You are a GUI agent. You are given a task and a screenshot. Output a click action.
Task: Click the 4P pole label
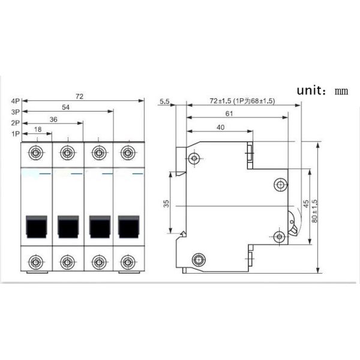click(x=16, y=101)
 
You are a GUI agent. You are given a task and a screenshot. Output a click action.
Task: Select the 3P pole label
click(x=16, y=112)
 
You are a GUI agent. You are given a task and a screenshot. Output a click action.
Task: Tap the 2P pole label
click(x=16, y=122)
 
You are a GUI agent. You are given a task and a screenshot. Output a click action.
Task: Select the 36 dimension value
click(x=53, y=119)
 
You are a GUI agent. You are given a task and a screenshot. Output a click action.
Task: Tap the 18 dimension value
click(x=38, y=130)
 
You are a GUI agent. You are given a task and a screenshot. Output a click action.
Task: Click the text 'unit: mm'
click(x=322, y=91)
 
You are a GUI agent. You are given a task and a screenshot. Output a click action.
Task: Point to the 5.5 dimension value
click(x=166, y=102)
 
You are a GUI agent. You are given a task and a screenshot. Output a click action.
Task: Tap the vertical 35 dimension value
click(x=166, y=203)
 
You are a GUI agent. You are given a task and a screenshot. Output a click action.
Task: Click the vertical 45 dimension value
click(x=305, y=204)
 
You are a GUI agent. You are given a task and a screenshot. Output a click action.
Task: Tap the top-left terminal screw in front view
click(x=37, y=151)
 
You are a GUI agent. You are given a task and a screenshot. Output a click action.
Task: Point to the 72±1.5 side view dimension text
click(x=242, y=101)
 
